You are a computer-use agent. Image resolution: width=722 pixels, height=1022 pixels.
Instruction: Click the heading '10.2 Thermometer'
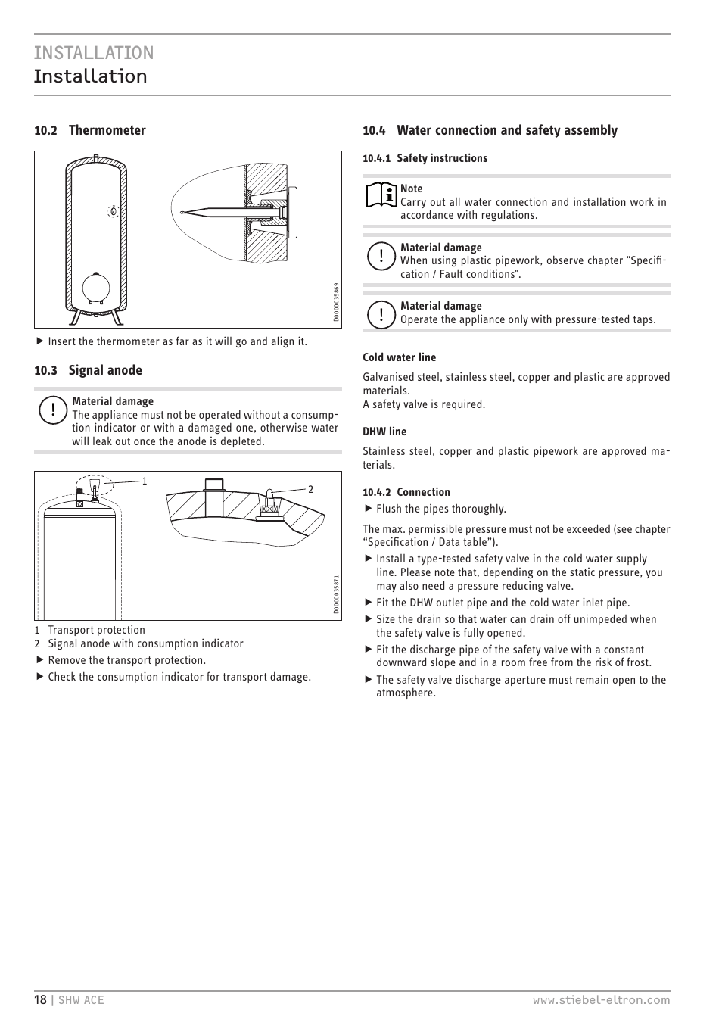tap(90, 130)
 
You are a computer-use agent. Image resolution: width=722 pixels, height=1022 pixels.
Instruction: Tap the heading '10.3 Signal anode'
tap(88, 370)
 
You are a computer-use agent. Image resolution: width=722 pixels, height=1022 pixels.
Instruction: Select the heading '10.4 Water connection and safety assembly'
tap(490, 130)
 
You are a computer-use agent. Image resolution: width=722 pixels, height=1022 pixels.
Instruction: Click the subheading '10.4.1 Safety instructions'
tap(425, 158)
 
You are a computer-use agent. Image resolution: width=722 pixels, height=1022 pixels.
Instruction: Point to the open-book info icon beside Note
tap(381, 195)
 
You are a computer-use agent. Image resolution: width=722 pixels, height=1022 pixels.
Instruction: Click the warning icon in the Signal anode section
tap(52, 411)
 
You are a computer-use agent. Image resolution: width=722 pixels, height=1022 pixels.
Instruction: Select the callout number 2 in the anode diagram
tap(310, 489)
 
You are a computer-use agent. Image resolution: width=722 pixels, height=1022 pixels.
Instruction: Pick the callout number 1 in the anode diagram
tap(145, 481)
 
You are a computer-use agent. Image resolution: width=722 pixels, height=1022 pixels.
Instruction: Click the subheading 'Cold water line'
tap(399, 357)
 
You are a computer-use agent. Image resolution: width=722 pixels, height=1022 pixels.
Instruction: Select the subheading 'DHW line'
tap(384, 432)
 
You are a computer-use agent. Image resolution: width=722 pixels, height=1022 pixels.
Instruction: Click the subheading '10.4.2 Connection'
tap(406, 492)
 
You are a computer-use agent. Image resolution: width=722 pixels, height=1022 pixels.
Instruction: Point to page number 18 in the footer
tap(40, 999)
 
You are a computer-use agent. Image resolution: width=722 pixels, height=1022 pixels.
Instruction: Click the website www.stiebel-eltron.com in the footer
tap(601, 999)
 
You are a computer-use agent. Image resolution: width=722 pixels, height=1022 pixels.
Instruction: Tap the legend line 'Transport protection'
tap(96, 630)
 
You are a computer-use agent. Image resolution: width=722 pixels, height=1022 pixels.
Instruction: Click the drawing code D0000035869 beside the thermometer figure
tap(336, 303)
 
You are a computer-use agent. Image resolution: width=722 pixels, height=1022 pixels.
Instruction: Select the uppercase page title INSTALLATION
tap(93, 52)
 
